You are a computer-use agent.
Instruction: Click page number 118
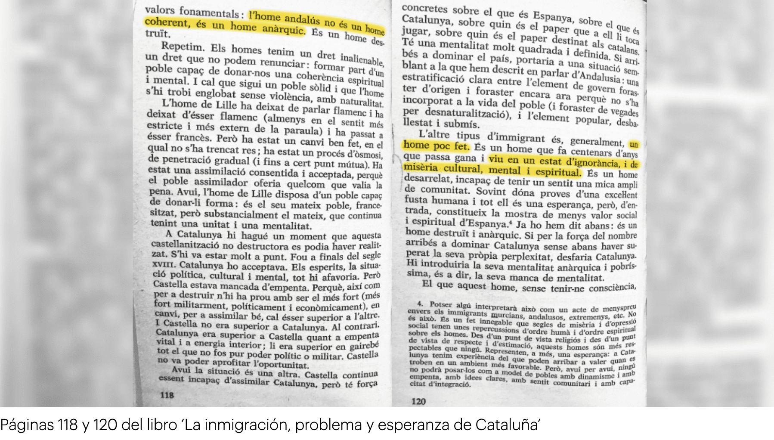167,395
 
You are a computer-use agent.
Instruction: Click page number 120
418,401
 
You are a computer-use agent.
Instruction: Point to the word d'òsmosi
364,154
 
